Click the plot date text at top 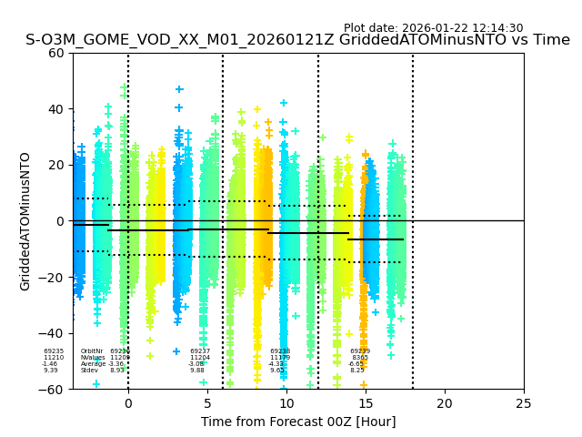(433, 28)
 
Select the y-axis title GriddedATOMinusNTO (25, 221)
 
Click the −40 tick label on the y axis (54, 333)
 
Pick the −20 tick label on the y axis (54, 277)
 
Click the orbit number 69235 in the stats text (54, 351)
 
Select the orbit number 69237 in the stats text (200, 351)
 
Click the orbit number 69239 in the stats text (360, 351)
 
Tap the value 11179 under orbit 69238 (280, 358)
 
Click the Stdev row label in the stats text (89, 371)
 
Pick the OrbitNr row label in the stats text (92, 351)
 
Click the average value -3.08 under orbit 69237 (196, 364)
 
